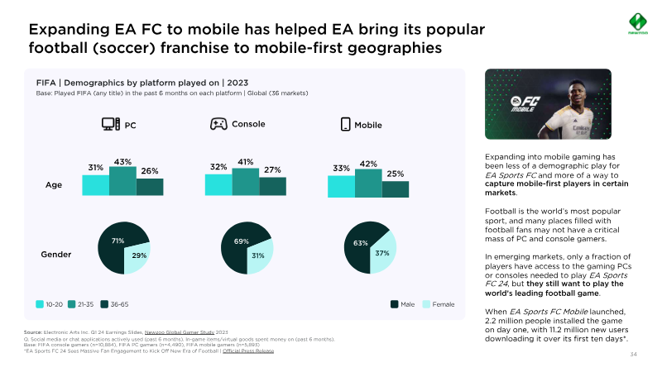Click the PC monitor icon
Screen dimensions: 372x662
[111, 125]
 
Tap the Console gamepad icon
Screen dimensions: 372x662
[218, 124]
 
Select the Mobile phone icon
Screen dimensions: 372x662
[346, 125]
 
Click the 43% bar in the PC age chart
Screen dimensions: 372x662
[122, 181]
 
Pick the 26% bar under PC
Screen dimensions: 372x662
[150, 187]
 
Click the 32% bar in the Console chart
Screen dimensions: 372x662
[218, 185]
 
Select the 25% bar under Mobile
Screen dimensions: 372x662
[396, 189]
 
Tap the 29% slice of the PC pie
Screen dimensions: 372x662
[137, 257]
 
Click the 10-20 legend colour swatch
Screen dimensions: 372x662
[39, 304]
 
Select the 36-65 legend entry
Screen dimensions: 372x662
[115, 304]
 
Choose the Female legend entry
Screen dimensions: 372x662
[438, 304]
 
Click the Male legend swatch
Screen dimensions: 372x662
[394, 304]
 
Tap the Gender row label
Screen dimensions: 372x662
[56, 254]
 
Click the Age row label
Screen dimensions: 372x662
[53, 185]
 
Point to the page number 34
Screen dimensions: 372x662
[633, 355]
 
